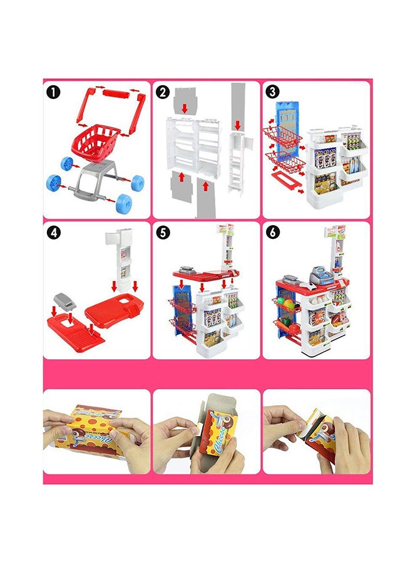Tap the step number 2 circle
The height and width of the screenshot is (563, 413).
coord(163,93)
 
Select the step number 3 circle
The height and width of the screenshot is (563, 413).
coord(272,93)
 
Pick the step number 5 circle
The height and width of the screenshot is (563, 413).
coord(163,233)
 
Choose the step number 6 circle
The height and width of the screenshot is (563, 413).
coord(272,233)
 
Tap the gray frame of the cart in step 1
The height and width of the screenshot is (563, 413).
coord(94,181)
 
